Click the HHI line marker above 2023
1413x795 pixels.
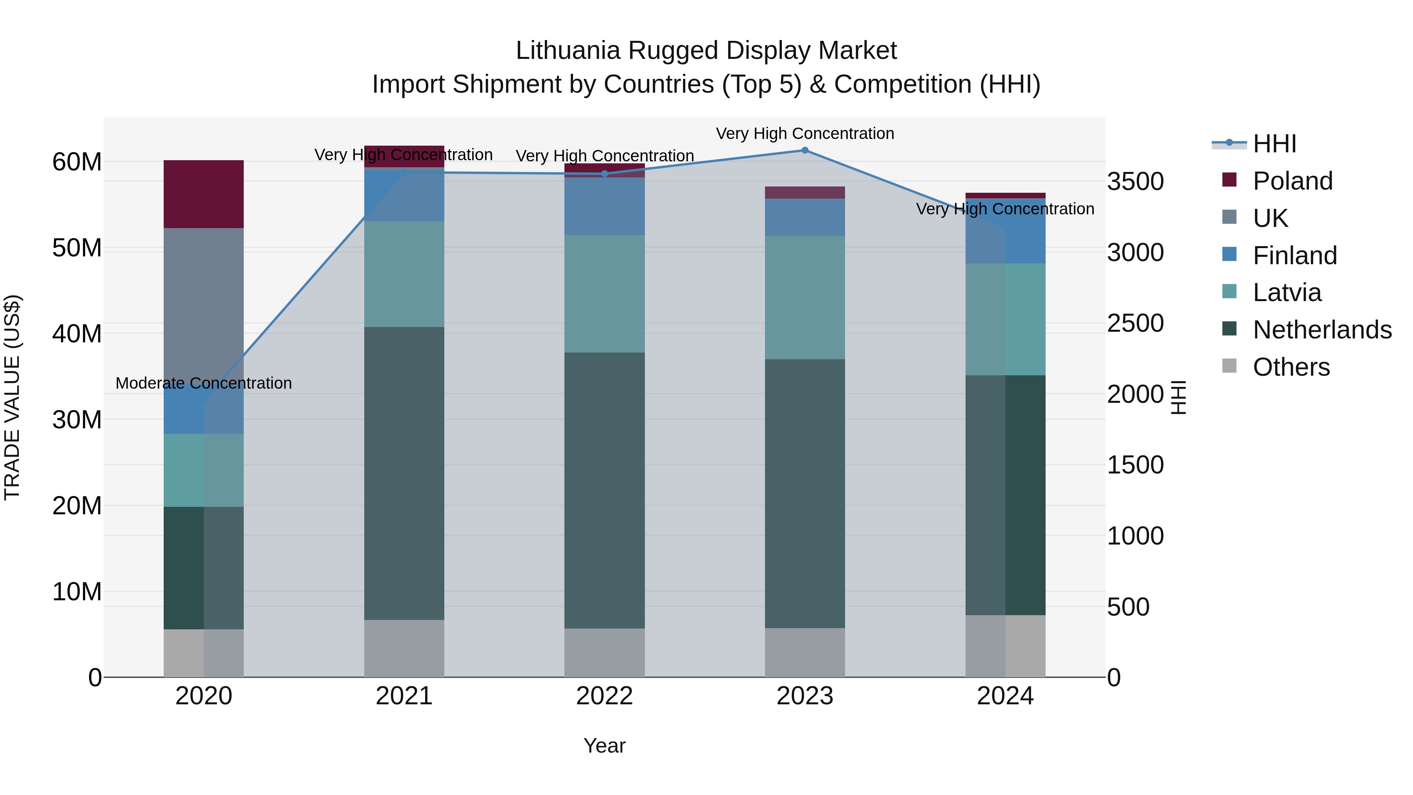[x=805, y=150]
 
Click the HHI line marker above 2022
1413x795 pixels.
[x=604, y=174]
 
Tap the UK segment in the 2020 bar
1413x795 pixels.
[x=203, y=302]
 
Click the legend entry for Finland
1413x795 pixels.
[x=1294, y=256]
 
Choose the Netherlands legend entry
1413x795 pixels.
[x=1322, y=330]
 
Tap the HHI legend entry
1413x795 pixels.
[x=1274, y=144]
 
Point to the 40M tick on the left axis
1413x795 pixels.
[x=77, y=334]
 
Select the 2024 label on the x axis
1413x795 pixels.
[x=1005, y=696]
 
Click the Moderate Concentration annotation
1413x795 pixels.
[x=203, y=383]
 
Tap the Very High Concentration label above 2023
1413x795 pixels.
[x=805, y=133]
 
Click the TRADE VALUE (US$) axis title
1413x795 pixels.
[x=12, y=397]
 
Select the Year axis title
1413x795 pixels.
[x=604, y=746]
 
